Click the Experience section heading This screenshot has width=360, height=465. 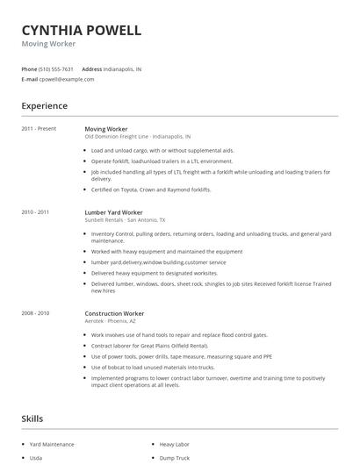click(x=44, y=106)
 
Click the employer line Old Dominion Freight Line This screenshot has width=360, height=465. click(x=137, y=137)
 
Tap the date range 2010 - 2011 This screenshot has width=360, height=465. click(x=35, y=211)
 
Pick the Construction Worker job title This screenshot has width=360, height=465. click(x=114, y=313)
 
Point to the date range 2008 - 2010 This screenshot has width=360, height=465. click(x=35, y=313)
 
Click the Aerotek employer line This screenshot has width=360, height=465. click(x=112, y=321)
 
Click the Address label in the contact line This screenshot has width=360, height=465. click(x=91, y=68)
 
